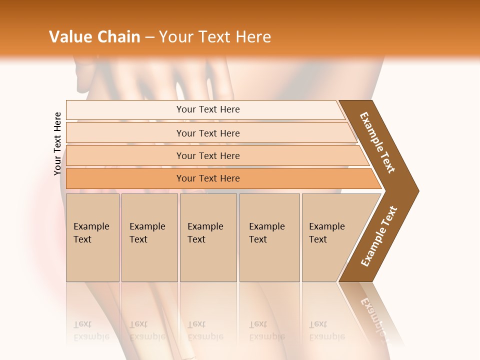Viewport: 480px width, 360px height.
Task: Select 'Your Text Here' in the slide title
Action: [215, 37]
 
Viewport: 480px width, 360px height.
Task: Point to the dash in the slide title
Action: [149, 37]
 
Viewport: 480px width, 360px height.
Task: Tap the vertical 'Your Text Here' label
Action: [57, 143]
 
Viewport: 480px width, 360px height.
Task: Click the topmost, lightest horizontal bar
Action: [207, 109]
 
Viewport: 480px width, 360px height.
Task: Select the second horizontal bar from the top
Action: [207, 133]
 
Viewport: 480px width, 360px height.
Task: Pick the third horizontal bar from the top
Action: [207, 155]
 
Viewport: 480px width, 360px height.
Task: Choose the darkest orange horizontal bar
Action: [207, 178]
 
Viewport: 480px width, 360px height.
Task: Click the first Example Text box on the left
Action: [92, 237]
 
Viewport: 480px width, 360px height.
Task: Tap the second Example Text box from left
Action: [149, 237]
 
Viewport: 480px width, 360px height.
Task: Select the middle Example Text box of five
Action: [207, 237]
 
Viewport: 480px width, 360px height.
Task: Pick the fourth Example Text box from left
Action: [269, 237]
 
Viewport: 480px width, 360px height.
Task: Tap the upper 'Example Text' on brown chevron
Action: [377, 142]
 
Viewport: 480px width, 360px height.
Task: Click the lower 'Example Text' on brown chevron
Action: [379, 236]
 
